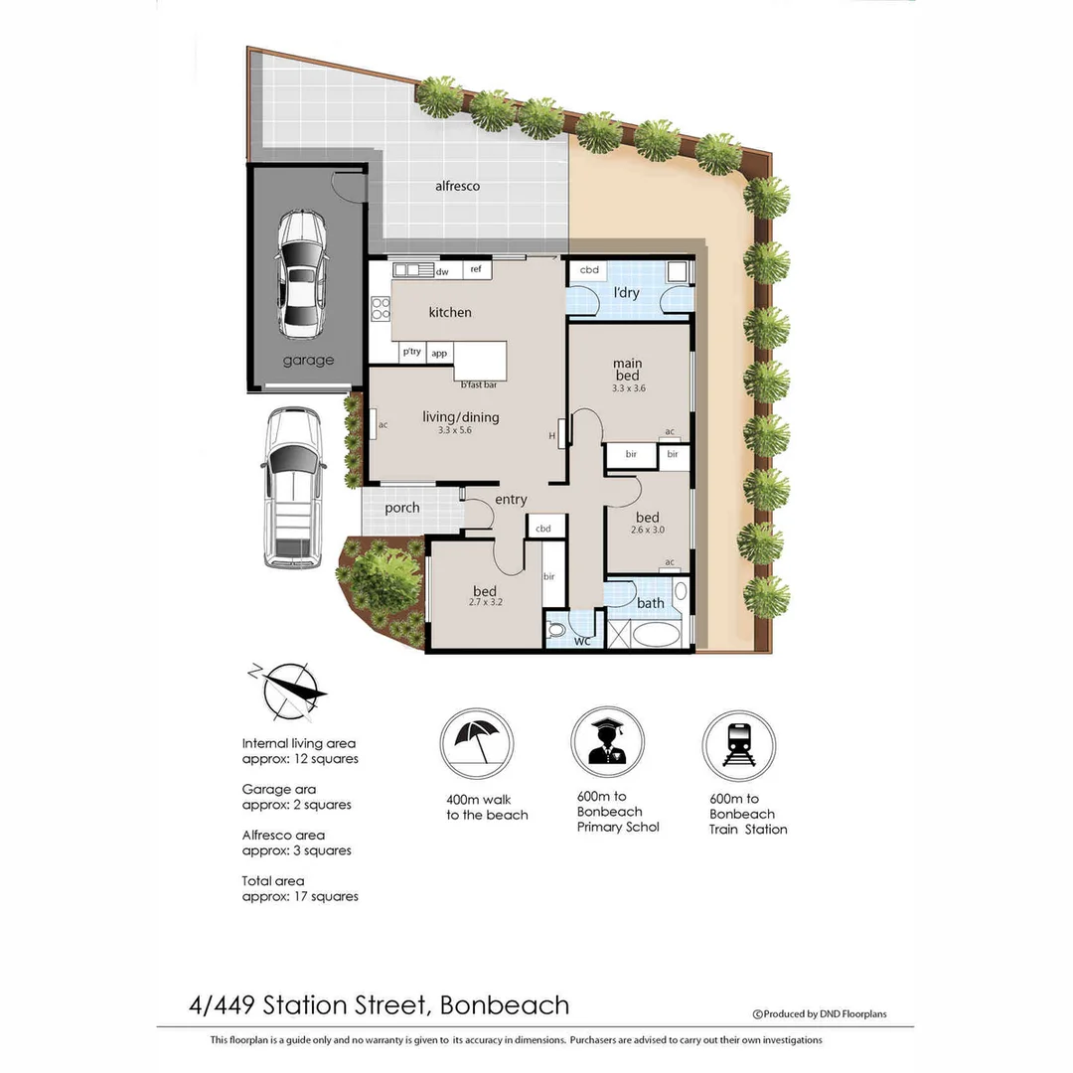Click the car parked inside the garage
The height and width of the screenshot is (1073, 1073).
point(301,273)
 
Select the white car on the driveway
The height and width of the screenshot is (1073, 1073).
point(293,488)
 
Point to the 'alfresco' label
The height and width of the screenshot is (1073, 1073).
point(457,186)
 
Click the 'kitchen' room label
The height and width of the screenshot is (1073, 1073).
point(450,313)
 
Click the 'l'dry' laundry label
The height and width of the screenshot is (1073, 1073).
point(626,293)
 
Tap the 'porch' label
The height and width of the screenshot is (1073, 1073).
point(402,508)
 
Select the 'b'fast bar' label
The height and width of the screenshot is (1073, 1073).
point(479,384)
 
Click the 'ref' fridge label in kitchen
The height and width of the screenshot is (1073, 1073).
point(476,270)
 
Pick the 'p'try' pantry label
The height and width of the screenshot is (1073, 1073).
point(411,352)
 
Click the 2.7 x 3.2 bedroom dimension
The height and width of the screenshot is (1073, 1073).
point(485,602)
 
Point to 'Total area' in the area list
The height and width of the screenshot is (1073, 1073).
point(273,881)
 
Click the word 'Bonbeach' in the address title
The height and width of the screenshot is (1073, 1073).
point(505,1004)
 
